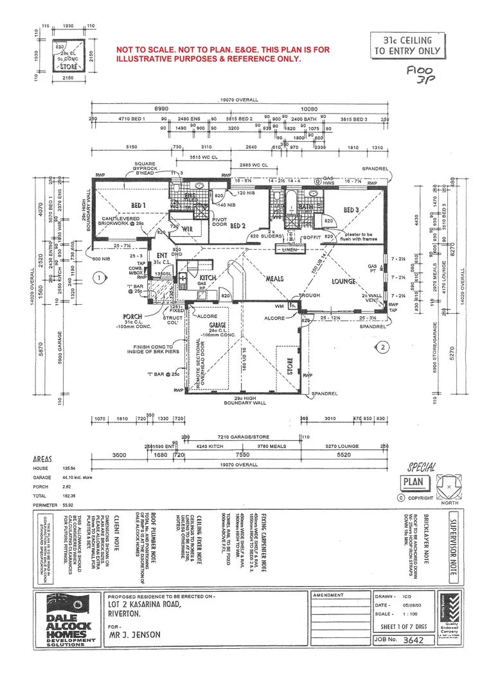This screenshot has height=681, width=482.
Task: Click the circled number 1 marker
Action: (98, 278)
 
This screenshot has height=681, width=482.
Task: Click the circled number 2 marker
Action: (383, 347)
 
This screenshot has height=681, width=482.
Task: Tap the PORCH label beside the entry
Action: (132, 316)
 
